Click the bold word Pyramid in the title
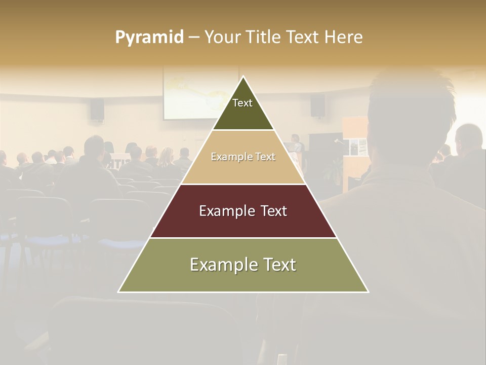coord(149,38)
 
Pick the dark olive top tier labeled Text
coord(243,109)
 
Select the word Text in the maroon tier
coord(271,211)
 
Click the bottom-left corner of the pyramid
coord(118,292)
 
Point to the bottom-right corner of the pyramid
coord(369,292)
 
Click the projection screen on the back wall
coord(187,94)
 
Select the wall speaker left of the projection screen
coord(97,110)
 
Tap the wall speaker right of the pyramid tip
coord(317,105)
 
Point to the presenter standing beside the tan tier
coord(296,144)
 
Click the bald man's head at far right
coord(469,136)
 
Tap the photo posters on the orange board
coord(358,147)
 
